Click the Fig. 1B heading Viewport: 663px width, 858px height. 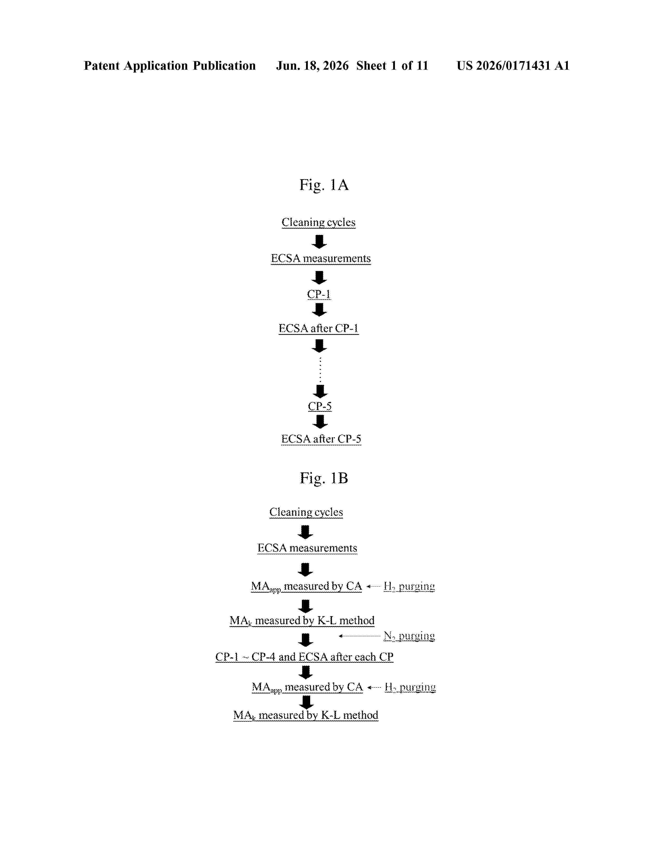tap(324, 478)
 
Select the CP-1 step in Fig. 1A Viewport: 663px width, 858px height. tap(319, 294)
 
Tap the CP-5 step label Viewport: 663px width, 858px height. tap(320, 406)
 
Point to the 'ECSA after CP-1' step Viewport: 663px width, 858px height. tap(318, 328)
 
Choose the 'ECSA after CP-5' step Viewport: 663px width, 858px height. tap(321, 439)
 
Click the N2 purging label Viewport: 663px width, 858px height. tap(409, 636)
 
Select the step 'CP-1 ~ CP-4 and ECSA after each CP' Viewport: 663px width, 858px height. tap(304, 657)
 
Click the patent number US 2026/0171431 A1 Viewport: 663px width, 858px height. tap(513, 66)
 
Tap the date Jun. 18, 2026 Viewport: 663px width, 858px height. tap(312, 66)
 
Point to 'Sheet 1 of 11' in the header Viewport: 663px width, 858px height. tap(392, 66)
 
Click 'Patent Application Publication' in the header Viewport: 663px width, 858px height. tap(170, 66)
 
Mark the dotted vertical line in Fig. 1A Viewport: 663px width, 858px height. tap(320, 370)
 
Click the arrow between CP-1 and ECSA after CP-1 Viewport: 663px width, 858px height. tap(319, 310)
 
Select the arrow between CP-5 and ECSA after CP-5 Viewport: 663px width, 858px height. tap(320, 421)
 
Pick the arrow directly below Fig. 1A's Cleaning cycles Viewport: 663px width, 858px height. tap(319, 242)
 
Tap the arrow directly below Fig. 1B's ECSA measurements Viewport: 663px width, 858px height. tap(305, 569)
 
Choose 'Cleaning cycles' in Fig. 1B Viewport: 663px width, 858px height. tap(306, 512)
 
